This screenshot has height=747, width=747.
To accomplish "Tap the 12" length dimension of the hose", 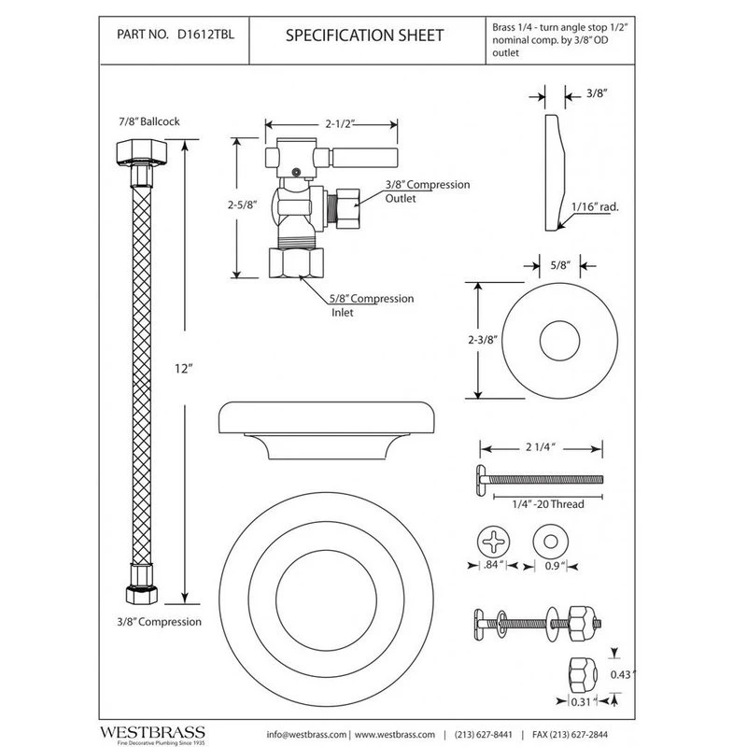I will point(183,369).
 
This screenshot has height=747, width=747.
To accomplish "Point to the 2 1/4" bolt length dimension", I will point(533,447).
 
